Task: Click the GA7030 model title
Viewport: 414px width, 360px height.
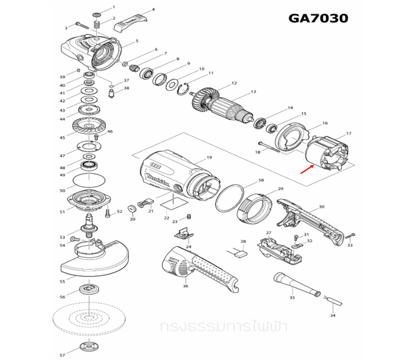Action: [x=318, y=18]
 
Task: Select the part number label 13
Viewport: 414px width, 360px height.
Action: [x=254, y=92]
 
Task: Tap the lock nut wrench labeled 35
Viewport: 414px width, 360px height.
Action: [x=297, y=284]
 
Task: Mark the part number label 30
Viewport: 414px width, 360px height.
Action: [x=321, y=207]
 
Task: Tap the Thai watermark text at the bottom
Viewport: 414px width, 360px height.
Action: [x=207, y=325]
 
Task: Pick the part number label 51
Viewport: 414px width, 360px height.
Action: [x=62, y=212]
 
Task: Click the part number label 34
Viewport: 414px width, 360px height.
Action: [x=333, y=316]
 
